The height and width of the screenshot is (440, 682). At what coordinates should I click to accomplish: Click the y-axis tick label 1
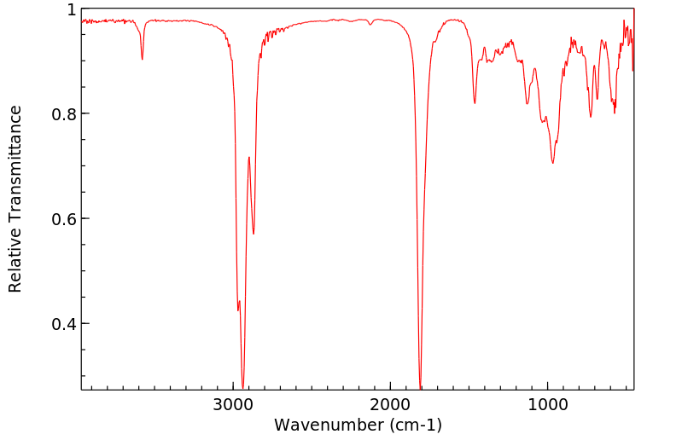71,9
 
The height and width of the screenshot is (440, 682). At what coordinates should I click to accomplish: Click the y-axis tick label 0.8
63,114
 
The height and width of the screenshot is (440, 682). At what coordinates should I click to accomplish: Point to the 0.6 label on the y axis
63,219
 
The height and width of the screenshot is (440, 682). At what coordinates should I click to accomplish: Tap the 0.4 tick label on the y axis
63,324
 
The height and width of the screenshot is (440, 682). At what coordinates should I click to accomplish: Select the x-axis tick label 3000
234,404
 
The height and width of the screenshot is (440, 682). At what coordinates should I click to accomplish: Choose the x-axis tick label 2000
391,404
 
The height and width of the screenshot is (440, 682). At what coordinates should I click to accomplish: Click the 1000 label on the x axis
547,404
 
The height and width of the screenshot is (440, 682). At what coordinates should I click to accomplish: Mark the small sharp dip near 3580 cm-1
143,59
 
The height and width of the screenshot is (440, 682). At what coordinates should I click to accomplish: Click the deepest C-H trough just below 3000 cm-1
243,386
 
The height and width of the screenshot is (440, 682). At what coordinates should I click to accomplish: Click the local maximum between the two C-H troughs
249,158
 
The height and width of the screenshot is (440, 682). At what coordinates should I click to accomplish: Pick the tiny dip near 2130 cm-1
370,25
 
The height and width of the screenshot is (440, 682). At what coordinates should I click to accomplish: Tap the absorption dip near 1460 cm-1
475,103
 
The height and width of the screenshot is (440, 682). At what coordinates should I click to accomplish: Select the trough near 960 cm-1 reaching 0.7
553,163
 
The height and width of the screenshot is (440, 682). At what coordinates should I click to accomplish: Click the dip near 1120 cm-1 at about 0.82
528,104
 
